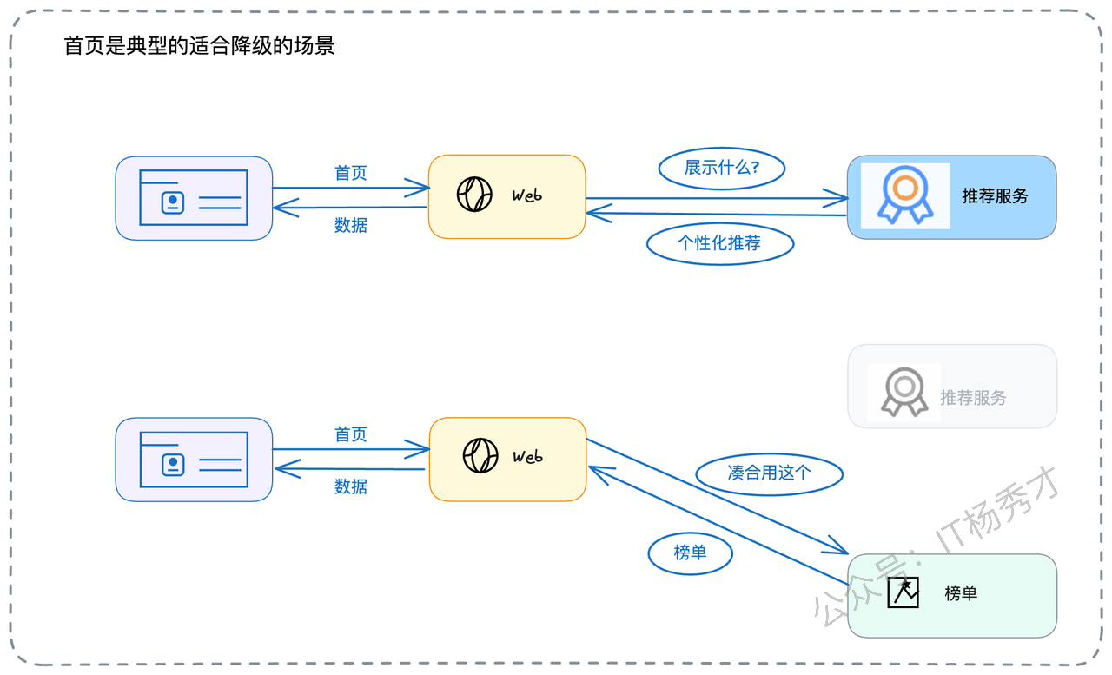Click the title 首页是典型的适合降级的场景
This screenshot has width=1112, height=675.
(199, 46)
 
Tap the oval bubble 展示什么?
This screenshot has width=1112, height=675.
(722, 169)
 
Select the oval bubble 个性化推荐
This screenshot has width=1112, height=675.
(720, 244)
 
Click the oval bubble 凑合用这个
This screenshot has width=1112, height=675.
(770, 473)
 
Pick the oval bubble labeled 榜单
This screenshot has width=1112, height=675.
(690, 553)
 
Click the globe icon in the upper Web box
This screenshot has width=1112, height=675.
(474, 194)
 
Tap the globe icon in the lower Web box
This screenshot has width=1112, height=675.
(480, 455)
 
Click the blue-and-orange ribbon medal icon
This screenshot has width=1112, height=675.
(905, 195)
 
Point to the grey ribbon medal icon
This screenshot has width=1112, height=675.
(904, 392)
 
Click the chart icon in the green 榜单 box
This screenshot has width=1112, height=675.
(903, 592)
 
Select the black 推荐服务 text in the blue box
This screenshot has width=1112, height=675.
(995, 196)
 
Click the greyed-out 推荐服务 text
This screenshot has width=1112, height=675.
(973, 398)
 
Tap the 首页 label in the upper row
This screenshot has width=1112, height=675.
(350, 173)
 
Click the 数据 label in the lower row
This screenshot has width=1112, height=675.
(350, 486)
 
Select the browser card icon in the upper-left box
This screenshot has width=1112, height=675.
(194, 197)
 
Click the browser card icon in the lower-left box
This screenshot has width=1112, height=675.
(194, 460)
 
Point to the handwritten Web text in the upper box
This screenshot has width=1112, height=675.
(526, 195)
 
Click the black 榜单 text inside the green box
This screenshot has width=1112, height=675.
(961, 593)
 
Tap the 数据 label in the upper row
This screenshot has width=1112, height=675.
(350, 225)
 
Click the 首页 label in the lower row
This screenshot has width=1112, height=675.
(350, 434)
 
